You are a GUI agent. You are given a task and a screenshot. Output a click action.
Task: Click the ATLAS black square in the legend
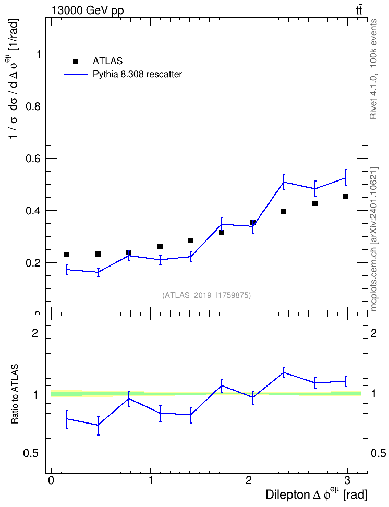coord(76,62)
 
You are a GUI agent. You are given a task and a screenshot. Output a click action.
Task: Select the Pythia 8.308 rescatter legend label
coord(138,75)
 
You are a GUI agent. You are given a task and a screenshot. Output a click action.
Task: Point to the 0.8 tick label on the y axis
coord(33,106)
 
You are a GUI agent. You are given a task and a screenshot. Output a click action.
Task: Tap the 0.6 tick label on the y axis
coord(33,159)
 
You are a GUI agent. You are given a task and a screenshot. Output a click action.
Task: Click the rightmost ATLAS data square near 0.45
coord(346,196)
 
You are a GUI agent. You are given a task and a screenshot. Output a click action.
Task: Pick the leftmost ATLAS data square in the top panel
coord(67,255)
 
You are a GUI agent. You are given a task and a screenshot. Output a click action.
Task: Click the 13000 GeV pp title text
coord(88,10)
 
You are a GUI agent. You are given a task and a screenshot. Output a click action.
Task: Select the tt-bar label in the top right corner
coord(359,10)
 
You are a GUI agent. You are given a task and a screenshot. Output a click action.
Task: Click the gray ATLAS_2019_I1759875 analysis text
coord(206,295)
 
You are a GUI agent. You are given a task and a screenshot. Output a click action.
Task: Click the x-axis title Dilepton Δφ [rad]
coord(317,494)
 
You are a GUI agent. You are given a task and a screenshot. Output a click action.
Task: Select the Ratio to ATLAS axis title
coord(15,394)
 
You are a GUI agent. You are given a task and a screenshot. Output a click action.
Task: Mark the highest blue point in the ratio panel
coord(284,372)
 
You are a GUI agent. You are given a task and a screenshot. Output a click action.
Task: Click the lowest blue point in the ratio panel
coord(98,425)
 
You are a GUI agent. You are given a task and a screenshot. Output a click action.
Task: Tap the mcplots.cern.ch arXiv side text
coord(374,239)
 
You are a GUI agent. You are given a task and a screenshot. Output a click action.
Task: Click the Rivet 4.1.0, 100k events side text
coord(374,69)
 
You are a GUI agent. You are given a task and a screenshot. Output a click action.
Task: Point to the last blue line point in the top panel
coord(346,177)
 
